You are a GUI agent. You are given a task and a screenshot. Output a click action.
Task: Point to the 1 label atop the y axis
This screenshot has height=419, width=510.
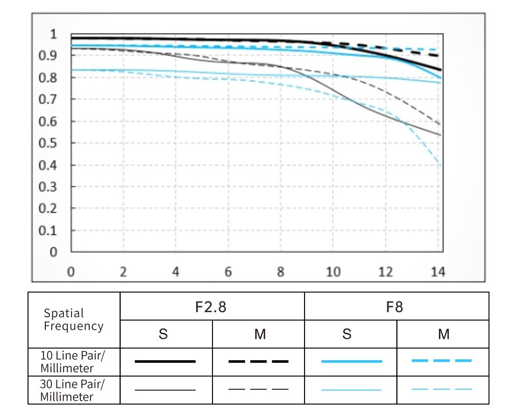pyautogui.click(x=54, y=34)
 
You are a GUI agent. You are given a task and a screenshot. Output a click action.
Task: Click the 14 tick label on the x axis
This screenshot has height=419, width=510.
pyautogui.click(x=438, y=272)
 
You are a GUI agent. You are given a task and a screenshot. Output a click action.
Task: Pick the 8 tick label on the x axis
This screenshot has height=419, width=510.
pyautogui.click(x=281, y=272)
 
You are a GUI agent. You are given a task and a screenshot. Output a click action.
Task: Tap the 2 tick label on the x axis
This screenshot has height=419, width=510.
pyautogui.click(x=123, y=272)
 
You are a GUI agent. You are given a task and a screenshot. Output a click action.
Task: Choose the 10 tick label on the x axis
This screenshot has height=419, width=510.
pyautogui.click(x=333, y=272)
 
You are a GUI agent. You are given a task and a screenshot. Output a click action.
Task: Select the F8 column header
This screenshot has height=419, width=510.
pyautogui.click(x=396, y=307)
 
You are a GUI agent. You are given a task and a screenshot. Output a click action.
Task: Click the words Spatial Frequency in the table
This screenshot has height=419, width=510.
pyautogui.click(x=73, y=320)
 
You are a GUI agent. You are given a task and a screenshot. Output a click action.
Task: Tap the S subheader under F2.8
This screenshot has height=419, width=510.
pyautogui.click(x=163, y=334)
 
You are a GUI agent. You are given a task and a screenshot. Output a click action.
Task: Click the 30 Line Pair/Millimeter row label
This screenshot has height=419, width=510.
pyautogui.click(x=73, y=391)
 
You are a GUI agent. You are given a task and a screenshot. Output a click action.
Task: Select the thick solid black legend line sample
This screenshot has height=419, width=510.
pyautogui.click(x=165, y=361)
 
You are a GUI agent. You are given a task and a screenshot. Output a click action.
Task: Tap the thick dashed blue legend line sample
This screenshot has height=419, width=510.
pyautogui.click(x=441, y=361)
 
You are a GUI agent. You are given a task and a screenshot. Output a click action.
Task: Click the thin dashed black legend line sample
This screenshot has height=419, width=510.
pyautogui.click(x=258, y=389)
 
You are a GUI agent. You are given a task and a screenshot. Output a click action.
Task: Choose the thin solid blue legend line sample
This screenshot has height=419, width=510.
pyautogui.click(x=351, y=389)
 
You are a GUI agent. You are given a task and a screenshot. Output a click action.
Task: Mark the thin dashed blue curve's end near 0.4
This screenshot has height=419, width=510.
pyautogui.click(x=439, y=163)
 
